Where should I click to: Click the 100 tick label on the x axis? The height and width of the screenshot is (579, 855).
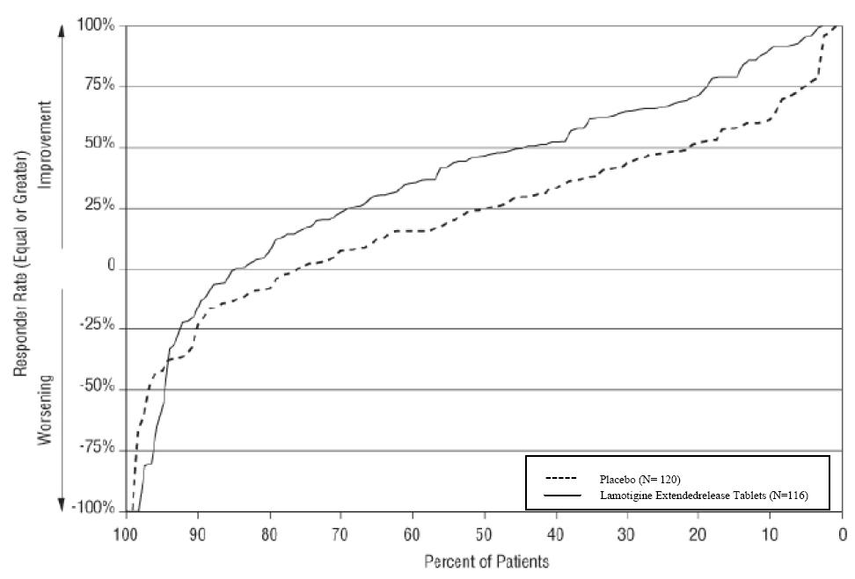click(126, 533)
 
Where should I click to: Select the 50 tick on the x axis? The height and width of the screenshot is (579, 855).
click(484, 533)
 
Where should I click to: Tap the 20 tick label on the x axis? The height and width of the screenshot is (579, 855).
click(698, 533)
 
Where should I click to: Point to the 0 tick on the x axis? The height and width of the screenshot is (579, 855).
click(842, 533)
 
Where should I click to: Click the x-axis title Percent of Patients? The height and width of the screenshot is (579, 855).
click(486, 561)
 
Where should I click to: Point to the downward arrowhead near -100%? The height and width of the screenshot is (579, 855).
click(62, 504)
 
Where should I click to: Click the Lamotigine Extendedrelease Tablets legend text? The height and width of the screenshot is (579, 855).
click(705, 496)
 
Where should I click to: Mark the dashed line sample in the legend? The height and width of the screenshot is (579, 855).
click(560, 479)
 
